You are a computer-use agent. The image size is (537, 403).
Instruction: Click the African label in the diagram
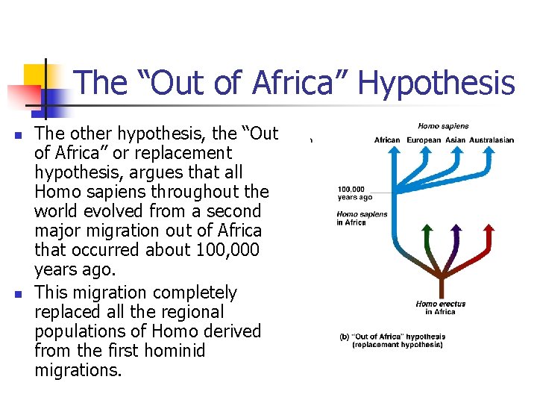(x=387, y=140)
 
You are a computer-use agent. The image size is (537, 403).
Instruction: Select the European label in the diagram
(x=424, y=140)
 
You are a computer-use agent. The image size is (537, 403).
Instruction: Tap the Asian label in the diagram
(x=456, y=140)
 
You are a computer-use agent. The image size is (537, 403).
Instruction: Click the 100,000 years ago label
(x=354, y=193)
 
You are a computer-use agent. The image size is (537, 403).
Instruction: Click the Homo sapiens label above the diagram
(x=443, y=126)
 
